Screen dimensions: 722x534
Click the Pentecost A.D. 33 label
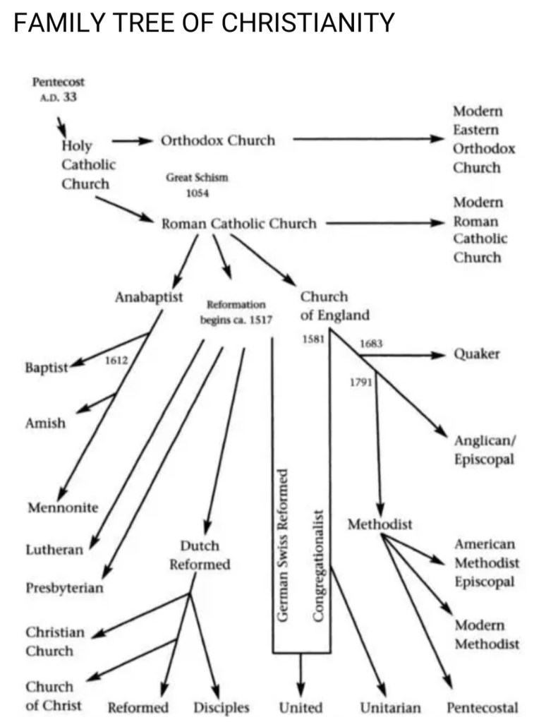[x=59, y=90]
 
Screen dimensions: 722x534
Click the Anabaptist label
[x=149, y=297]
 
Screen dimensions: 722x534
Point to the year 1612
[x=116, y=361]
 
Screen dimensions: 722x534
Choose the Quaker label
[x=476, y=354]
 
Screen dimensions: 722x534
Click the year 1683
[x=371, y=344]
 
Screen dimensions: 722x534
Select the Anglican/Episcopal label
[x=484, y=450]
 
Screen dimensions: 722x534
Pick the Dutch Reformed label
[x=200, y=555]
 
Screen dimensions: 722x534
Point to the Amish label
[x=45, y=423]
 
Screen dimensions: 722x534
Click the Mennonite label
[x=63, y=507]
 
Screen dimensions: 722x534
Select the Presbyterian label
[x=64, y=587]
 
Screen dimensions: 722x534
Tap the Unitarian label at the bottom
[x=390, y=707]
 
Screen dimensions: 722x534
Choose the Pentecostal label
[x=483, y=707]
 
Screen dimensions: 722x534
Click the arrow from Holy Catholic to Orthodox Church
[x=132, y=140]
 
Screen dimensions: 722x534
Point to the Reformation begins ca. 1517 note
[x=236, y=311]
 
